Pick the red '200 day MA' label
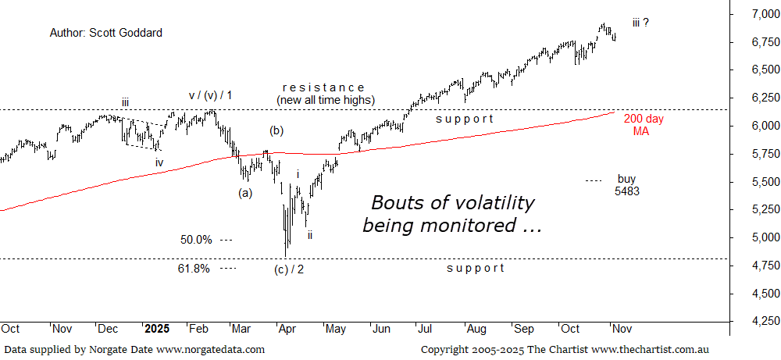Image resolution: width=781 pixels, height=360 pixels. [x=643, y=125]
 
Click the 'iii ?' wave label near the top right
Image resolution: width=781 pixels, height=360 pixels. [x=640, y=23]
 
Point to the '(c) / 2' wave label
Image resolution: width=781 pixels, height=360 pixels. [x=289, y=270]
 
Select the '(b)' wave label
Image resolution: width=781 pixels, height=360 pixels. [x=276, y=131]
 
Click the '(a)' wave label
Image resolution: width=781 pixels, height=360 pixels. [x=245, y=193]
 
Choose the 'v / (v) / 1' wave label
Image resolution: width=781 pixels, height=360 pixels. [x=210, y=95]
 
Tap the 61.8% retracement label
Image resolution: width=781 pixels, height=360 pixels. [x=194, y=268]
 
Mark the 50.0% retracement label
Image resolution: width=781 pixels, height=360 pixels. [x=196, y=240]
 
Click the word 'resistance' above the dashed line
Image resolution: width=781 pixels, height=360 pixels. [x=323, y=87]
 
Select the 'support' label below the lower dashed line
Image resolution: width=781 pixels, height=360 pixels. [x=476, y=268]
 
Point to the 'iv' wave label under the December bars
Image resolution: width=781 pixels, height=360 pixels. [x=159, y=162]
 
